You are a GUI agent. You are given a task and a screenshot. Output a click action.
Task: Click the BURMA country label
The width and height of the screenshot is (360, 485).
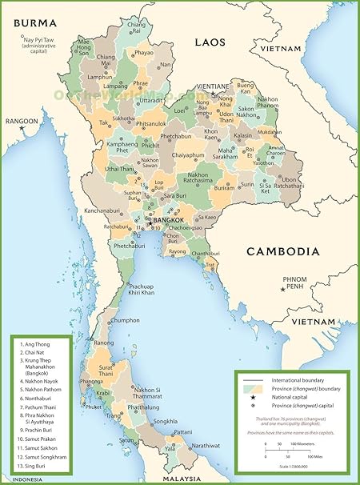click(x=34, y=23)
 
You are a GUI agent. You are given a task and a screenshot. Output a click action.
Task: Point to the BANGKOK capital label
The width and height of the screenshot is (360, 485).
click(x=167, y=220)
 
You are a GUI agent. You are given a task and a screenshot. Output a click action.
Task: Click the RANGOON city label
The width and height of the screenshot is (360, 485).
click(x=21, y=122)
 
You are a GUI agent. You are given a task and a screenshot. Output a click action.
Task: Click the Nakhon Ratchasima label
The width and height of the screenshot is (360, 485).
click(x=186, y=178)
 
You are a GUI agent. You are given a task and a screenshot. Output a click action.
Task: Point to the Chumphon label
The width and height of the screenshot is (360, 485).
click(x=125, y=320)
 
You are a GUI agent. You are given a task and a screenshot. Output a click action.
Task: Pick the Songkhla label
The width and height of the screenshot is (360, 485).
click(x=165, y=421)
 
